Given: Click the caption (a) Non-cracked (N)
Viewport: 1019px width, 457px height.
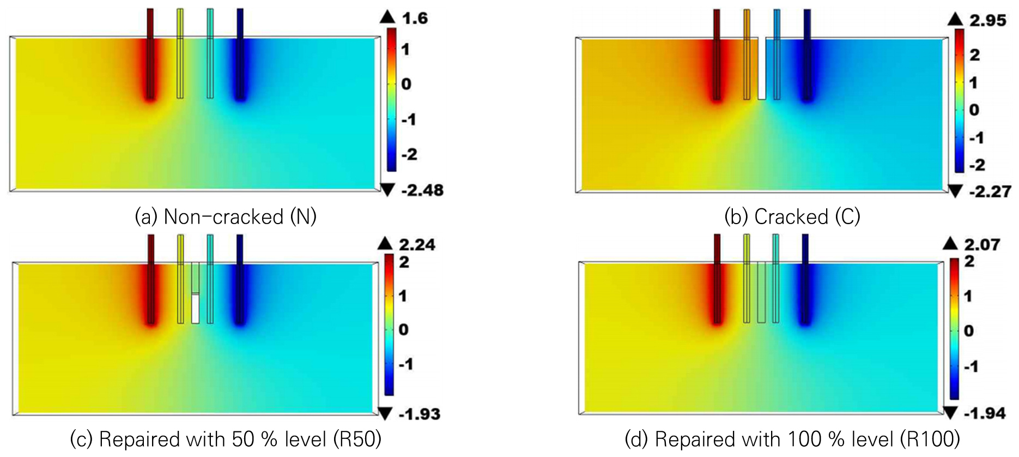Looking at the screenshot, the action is tap(226, 217).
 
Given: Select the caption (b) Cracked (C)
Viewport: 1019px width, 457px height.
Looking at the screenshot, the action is tap(792, 217).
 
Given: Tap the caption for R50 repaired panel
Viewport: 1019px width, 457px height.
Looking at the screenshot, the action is tap(226, 439).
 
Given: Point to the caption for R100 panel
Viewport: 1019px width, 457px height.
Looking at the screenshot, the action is tap(792, 439).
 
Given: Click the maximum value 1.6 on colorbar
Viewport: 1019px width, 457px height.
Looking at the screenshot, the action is tap(415, 19).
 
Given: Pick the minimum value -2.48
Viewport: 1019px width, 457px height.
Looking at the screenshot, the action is tap(423, 190).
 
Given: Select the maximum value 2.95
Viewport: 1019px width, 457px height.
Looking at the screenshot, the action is tap(987, 20).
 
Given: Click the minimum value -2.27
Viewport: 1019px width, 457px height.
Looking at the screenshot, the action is tap(990, 191).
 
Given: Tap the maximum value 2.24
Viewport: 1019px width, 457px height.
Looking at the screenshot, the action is tap(417, 244).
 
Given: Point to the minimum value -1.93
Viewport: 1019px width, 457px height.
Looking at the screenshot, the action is tap(418, 414).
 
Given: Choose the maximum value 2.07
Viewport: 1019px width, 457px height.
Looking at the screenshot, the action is tap(982, 244).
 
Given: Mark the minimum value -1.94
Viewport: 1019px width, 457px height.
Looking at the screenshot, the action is tap(984, 413).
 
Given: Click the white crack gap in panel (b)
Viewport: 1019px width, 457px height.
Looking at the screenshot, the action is tap(762, 68).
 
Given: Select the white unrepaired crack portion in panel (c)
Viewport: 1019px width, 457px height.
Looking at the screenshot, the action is tap(196, 309).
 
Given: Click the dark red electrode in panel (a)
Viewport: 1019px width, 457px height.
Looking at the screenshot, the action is tap(151, 53).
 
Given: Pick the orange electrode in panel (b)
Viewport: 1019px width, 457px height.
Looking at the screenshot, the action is tap(747, 55).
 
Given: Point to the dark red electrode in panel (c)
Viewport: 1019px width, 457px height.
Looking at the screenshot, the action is tap(151, 279).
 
